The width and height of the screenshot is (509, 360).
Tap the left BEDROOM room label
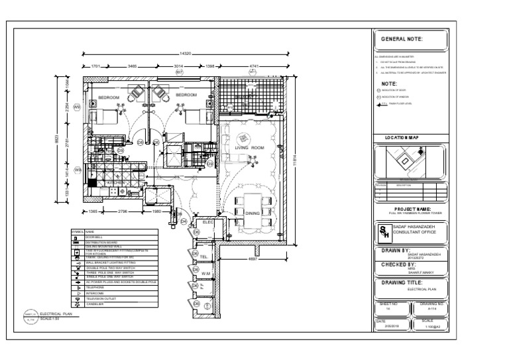(x=109, y=97)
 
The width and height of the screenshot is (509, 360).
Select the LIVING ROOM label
(x=250, y=147)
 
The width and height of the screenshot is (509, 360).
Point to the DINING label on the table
(x=252, y=213)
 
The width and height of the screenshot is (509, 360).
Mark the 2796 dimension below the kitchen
(x=123, y=211)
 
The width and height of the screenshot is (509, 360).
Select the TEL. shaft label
(x=205, y=255)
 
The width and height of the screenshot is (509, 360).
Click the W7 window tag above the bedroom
(x=178, y=72)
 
